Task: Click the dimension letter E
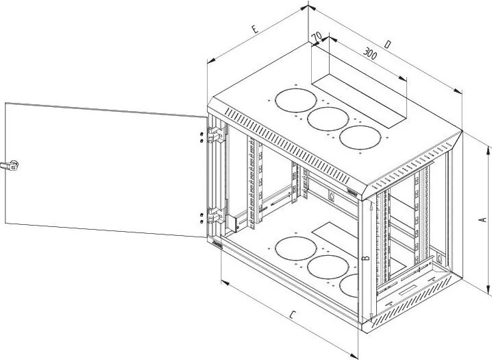254,29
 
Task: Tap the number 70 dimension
317,36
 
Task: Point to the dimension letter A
482,219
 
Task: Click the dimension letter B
367,259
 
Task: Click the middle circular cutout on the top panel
326,119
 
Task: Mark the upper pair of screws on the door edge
200,136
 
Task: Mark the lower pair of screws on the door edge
200,217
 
